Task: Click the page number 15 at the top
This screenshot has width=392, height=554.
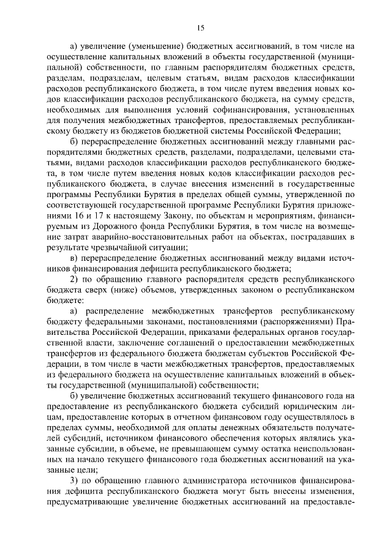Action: coord(200,28)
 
